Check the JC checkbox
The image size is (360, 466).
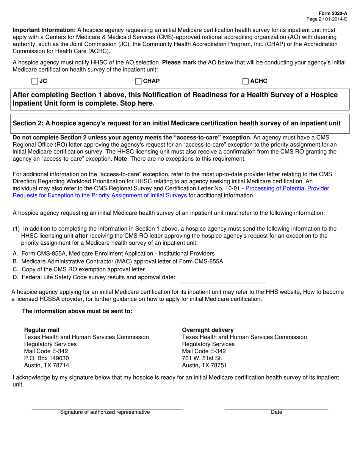pos(35,81)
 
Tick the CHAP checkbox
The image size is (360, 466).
pos(138,81)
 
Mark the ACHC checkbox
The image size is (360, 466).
pos(246,81)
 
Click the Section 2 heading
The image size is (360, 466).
pos(177,123)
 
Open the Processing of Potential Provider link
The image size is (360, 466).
pos(287,188)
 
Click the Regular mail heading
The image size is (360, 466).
pos(42,330)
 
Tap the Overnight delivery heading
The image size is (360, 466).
pos(208,330)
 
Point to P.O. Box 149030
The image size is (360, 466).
pos(47,358)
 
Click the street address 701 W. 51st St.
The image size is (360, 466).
pos(202,358)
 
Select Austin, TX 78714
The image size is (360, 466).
pos(47,365)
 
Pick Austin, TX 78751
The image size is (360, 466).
pos(205,365)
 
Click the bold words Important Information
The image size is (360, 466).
pos(44,30)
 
